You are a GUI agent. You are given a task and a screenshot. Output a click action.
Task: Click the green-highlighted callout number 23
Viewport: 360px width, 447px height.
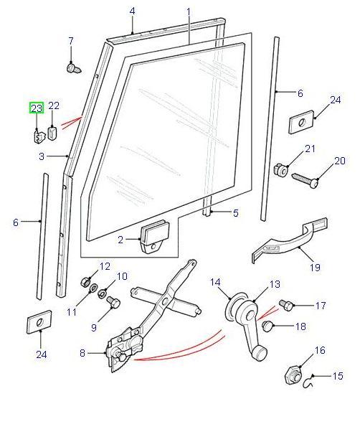coord(37,108)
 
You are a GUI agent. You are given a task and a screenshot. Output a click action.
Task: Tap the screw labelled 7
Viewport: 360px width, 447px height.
coord(74,68)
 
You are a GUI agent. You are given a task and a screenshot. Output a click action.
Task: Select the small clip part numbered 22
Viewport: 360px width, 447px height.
coord(53,133)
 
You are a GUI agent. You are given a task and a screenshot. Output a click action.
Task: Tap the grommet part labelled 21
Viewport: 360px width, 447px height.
coord(280,170)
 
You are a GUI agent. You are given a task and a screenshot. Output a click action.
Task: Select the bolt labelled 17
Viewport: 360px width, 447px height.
coord(286,306)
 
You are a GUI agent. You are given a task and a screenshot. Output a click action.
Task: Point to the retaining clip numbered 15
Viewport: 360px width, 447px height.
coord(308,382)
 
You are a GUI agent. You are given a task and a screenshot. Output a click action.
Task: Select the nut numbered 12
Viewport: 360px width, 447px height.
coord(85,283)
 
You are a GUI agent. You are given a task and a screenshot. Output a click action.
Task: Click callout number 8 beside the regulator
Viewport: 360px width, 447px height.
coord(82,353)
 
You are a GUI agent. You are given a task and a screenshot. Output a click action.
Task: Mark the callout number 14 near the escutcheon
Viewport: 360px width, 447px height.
coord(215,283)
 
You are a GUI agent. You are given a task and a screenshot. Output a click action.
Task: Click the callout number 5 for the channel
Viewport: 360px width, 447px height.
coord(235,212)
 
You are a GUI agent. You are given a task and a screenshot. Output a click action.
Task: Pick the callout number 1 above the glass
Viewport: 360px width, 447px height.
coord(189,12)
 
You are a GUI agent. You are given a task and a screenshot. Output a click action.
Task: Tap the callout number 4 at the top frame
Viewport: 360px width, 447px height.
coord(132,11)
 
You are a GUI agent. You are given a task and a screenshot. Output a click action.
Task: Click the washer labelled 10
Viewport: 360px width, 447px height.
coord(102,293)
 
